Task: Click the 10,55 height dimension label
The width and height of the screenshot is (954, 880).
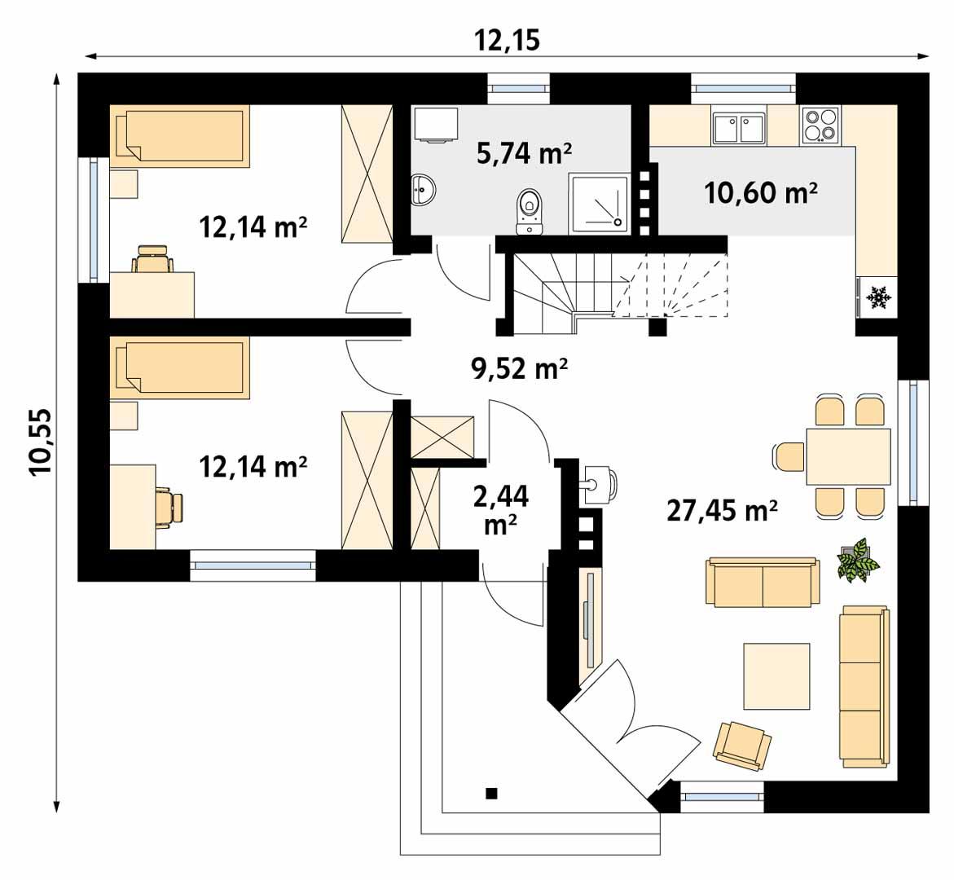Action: coord(40,440)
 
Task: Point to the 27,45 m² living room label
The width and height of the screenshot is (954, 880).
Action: coord(722,510)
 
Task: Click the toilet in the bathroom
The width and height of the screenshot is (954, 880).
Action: coord(530,210)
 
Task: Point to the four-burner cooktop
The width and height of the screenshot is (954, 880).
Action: coord(820,125)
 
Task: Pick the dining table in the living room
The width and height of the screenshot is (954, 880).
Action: coord(848,455)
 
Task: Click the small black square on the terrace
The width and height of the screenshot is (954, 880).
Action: coord(491,793)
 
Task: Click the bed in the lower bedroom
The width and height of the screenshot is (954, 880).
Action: coord(179,370)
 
